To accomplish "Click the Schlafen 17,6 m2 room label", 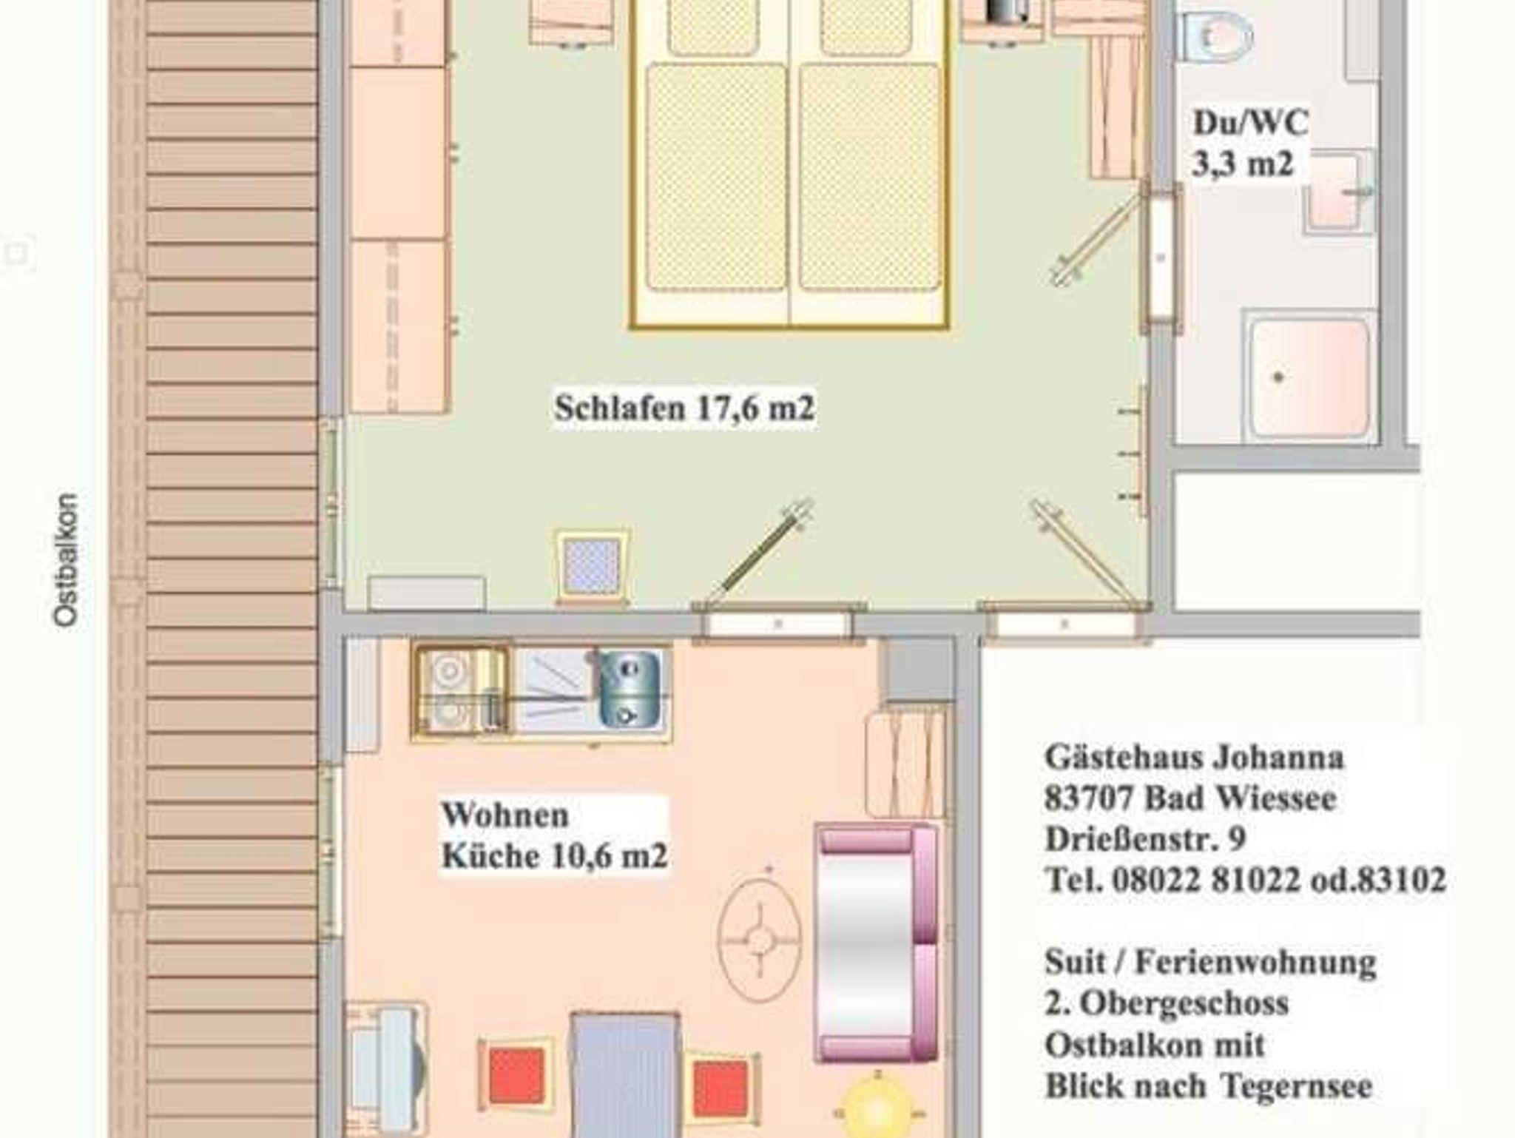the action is (684, 408).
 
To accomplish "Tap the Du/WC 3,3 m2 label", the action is (1250, 143).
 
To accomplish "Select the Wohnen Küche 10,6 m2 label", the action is (555, 835).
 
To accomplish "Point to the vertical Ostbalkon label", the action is (66, 560).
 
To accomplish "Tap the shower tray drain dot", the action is (1278, 377).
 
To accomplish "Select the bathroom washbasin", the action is (1337, 191).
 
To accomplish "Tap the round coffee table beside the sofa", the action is (759, 940).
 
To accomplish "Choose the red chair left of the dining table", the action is (516, 1075).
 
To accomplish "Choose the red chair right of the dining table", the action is (721, 1088).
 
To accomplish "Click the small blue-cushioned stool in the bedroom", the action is (592, 567).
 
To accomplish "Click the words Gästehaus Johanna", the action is (1194, 757).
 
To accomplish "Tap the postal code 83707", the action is (1089, 798).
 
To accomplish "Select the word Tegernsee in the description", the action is (1296, 1085).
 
